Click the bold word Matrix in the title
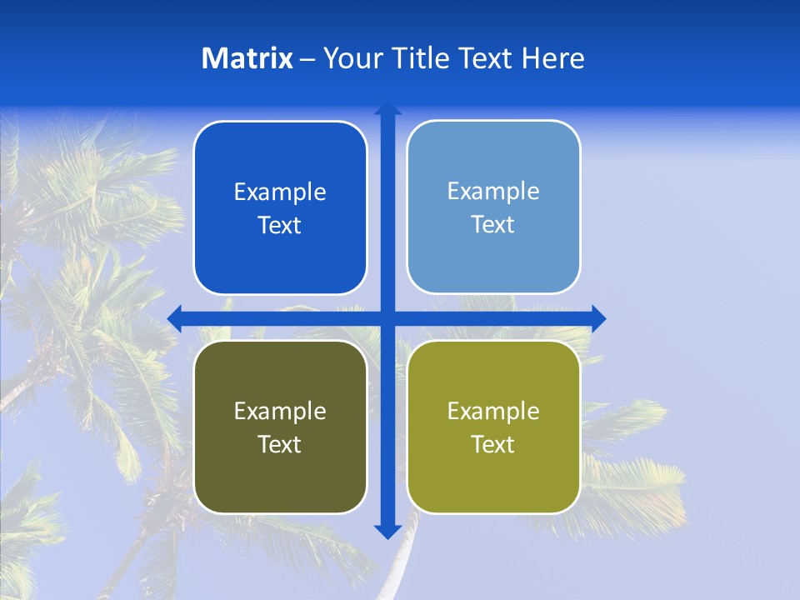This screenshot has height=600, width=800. [x=247, y=58]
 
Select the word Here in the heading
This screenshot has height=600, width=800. [x=553, y=58]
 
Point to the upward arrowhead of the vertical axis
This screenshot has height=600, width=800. [x=387, y=108]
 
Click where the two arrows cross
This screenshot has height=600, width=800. [x=387, y=318]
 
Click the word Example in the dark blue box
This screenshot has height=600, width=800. [x=280, y=192]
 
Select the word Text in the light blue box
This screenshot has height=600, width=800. [x=492, y=225]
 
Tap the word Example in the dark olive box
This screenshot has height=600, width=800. [x=280, y=411]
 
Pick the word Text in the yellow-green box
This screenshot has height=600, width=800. [x=492, y=444]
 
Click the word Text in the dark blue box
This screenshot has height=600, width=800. [x=279, y=226]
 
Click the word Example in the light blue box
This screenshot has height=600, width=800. [x=493, y=192]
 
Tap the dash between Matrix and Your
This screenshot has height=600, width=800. [x=307, y=60]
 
